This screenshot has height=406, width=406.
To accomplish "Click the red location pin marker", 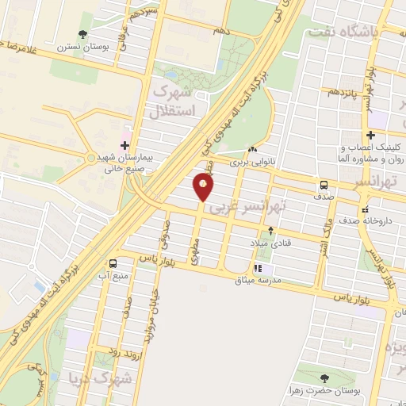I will pyautogui.click(x=204, y=187).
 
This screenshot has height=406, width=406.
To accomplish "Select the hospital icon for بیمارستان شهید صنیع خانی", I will pyautogui.click(x=125, y=145).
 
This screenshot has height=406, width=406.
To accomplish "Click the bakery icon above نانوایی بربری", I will pyautogui.click(x=253, y=149).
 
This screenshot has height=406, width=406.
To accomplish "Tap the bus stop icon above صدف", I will pyautogui.click(x=324, y=185).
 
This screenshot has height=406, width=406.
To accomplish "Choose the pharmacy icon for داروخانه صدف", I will pyautogui.click(x=365, y=209).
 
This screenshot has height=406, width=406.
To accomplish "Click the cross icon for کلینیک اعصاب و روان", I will pyautogui.click(x=370, y=135).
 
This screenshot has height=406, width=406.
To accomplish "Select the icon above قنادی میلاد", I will pyautogui.click(x=272, y=231).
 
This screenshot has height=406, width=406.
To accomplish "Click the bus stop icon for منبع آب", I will pyautogui.click(x=113, y=262).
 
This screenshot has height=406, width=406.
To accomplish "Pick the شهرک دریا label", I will pyautogui.click(x=104, y=378).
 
